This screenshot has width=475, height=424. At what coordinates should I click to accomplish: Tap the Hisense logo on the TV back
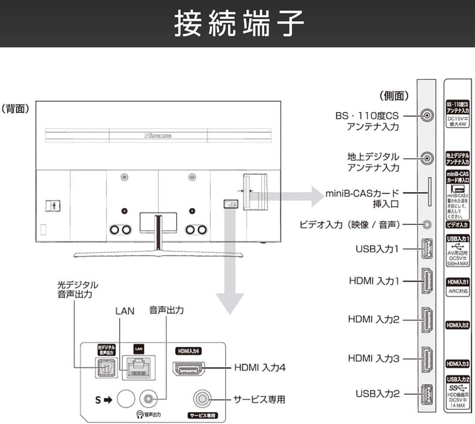click(x=158, y=136)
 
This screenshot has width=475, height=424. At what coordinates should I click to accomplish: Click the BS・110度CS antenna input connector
click(x=426, y=116)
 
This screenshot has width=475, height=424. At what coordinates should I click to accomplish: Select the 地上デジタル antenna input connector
click(x=426, y=158)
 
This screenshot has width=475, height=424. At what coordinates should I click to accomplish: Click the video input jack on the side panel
click(x=426, y=225)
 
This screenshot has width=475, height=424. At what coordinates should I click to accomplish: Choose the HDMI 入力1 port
click(x=426, y=281)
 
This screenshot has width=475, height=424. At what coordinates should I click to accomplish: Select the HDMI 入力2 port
click(x=426, y=319)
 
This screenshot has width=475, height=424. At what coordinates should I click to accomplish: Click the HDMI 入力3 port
click(x=426, y=358)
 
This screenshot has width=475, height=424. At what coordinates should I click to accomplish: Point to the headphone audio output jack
click(x=146, y=399)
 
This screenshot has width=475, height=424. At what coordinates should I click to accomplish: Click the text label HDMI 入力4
click(x=259, y=367)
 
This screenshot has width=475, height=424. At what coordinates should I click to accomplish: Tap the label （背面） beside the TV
click(x=15, y=109)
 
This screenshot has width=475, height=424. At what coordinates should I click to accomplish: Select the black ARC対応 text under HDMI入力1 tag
click(x=458, y=291)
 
